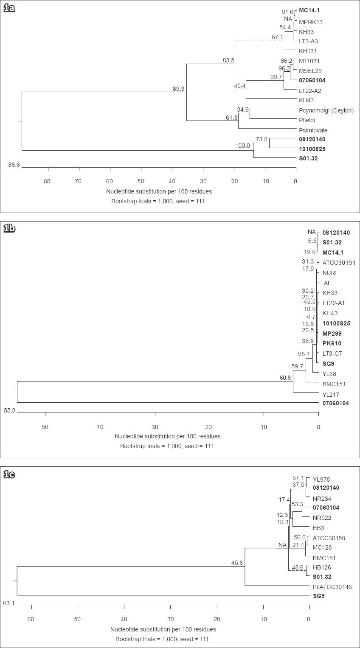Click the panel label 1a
coord(9,8)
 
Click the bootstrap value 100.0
coord(244,146)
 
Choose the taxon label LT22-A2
coord(310,90)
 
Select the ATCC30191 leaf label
coord(339,263)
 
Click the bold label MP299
coord(332,334)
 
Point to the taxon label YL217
coord(331,394)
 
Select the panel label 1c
coord(9,474)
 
